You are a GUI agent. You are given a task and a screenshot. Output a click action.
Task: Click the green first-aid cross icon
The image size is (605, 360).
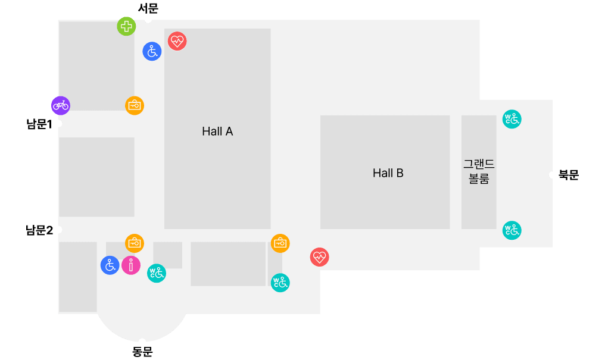126,26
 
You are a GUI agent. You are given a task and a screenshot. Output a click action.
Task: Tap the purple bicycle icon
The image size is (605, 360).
61,105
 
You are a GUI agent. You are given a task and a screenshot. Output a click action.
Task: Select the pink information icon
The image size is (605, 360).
131,265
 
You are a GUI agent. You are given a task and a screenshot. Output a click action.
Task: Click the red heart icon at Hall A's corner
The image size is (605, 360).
177,41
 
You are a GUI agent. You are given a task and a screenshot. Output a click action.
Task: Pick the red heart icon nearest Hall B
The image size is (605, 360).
320,256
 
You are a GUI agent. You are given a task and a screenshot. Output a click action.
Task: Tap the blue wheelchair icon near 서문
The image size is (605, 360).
152,51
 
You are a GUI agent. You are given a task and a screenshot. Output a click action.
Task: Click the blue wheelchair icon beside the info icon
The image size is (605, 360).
110,265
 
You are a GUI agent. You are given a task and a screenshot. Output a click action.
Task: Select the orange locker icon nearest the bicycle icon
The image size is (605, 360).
135,105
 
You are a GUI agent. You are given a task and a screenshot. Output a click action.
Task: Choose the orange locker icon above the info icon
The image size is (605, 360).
135,243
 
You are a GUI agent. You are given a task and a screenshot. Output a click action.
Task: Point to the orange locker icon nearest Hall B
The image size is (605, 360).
280,243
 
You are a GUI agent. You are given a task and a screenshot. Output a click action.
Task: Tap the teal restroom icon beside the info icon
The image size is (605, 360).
157,273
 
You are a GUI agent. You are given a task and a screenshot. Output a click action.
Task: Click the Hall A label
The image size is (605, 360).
217,132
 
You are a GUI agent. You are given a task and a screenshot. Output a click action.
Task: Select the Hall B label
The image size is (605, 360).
388,173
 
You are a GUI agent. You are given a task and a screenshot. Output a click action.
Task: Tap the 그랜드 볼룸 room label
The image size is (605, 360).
479,171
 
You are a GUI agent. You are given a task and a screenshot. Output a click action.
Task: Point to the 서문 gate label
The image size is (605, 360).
148,8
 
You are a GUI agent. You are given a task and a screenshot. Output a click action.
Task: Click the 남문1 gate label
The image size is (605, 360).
39,124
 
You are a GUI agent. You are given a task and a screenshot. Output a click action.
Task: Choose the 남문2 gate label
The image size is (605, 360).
39,230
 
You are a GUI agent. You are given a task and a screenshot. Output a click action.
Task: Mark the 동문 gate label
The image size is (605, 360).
142,352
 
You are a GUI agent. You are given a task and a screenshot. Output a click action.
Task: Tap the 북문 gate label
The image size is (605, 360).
569,175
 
